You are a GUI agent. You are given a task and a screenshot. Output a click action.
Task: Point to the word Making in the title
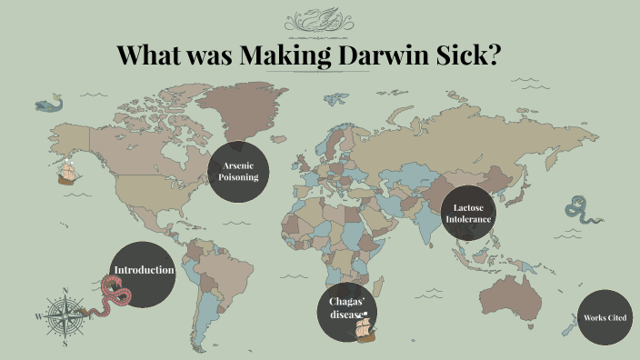[285, 55]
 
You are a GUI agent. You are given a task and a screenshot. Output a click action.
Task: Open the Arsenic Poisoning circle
[239, 171]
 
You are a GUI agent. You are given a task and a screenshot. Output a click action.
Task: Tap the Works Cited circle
[605, 317]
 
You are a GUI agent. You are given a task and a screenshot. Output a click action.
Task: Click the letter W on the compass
[38, 317]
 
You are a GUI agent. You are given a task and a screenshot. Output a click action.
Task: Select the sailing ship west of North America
[66, 169]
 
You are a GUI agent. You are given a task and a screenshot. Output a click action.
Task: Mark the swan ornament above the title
[319, 20]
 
